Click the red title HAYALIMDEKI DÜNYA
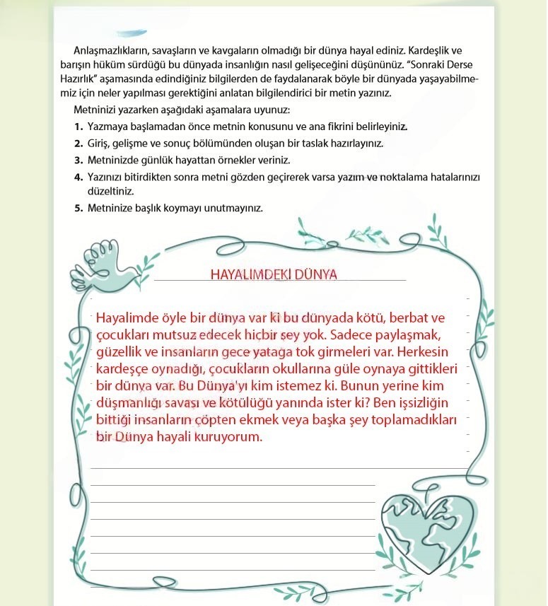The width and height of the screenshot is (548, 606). [274, 274]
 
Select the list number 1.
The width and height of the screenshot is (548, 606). [78, 127]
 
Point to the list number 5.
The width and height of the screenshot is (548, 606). [78, 208]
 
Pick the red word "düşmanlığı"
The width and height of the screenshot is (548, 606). [130, 402]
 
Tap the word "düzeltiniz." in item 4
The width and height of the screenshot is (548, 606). [111, 191]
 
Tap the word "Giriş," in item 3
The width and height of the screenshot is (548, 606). [101, 143]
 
